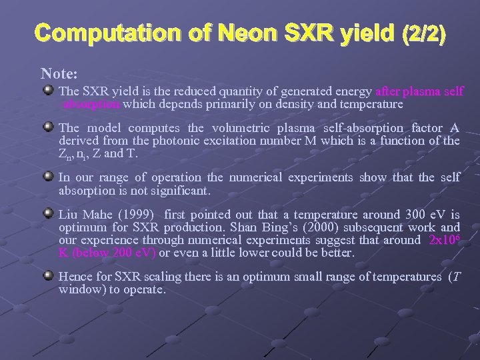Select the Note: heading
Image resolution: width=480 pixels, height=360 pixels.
tap(59, 71)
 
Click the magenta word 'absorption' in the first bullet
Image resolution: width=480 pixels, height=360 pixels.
tap(91, 104)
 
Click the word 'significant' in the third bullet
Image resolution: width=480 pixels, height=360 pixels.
tap(182, 191)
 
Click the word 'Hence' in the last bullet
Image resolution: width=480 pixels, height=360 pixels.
tap(73, 277)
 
